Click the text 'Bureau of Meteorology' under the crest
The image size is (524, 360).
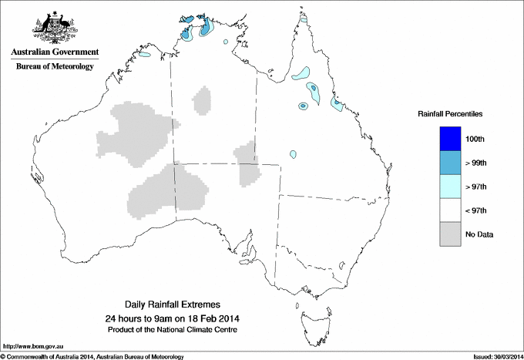click(x=55, y=67)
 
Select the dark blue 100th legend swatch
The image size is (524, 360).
click(x=449, y=139)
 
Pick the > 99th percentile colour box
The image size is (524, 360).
click(x=449, y=163)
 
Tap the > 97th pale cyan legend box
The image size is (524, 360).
click(x=449, y=187)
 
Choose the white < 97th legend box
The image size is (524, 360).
click(x=449, y=210)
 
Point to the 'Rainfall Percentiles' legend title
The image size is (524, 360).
click(x=450, y=113)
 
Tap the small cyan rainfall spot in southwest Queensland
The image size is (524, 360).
click(x=293, y=154)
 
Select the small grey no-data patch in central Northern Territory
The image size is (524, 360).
click(x=203, y=100)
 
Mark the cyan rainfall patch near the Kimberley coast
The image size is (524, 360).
click(x=145, y=56)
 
